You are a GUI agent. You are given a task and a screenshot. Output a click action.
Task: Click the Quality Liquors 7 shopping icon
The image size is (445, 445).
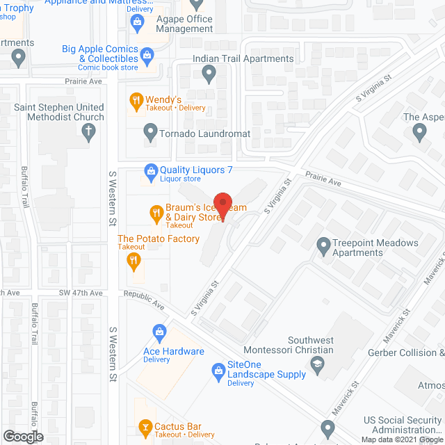[x=149, y=170]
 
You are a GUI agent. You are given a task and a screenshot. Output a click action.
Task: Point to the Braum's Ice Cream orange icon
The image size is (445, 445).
[x=156, y=212]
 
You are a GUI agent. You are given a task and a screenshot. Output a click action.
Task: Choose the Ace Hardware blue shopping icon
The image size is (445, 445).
[x=159, y=332]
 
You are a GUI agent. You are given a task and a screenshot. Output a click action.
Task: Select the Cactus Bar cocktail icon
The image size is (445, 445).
[x=145, y=425]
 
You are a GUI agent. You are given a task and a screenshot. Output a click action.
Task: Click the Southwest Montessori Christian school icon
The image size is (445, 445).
[x=317, y=364]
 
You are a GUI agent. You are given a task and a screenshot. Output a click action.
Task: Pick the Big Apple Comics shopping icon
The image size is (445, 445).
[x=147, y=54]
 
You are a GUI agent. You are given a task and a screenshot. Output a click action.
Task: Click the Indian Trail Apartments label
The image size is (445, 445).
[x=243, y=59]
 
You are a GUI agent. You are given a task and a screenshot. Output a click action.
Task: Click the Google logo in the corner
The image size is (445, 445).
[x=22, y=436]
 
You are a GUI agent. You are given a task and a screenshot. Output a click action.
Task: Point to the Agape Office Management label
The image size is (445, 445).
[x=184, y=24]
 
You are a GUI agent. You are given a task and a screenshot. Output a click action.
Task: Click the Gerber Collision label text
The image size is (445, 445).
[x=406, y=353]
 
